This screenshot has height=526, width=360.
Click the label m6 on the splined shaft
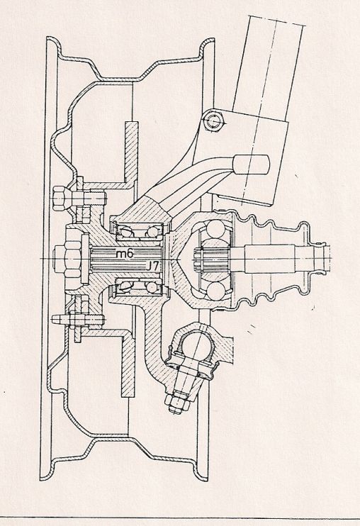point(125,254)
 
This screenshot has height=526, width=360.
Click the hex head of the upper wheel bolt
point(62,198)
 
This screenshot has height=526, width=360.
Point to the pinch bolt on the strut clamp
point(214,121)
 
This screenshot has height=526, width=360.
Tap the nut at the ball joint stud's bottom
point(176,403)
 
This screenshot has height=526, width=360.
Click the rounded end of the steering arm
point(252,164)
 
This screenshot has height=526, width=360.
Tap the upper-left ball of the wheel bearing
point(125,232)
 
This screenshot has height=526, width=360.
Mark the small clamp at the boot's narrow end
point(321,258)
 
